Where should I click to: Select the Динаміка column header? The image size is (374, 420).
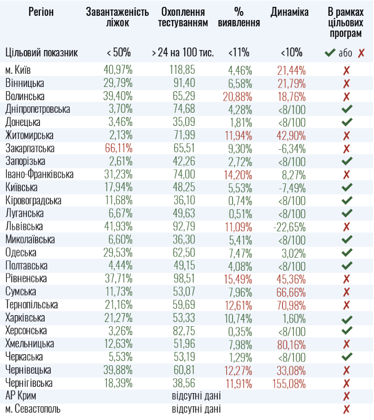coord(289,12)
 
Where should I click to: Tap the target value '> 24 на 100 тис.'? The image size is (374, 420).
coord(183,53)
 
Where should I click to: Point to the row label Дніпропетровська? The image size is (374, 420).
coord(37,110)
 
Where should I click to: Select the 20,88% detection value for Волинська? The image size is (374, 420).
coord(240,96)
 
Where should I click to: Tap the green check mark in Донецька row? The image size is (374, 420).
coord(346,122)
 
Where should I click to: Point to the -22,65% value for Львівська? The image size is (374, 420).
coord(289,227)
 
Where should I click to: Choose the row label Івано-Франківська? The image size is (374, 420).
coord(39,174)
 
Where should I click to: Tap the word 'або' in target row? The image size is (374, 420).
coord(346,53)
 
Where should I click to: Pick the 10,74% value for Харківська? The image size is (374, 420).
coord(240,318)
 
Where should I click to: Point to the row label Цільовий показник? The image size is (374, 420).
coord(42,53)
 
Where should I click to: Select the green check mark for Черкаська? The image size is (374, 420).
coord(346,357)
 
